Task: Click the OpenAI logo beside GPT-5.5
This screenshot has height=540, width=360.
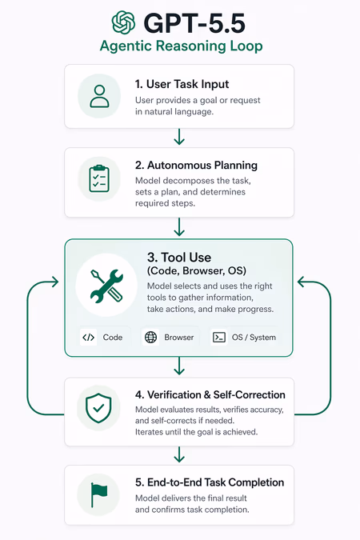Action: [123, 22]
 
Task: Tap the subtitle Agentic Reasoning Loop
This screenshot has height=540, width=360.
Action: [182, 46]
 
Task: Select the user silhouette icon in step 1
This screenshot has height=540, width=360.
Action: [99, 96]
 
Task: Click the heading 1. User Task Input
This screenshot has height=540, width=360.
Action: [182, 84]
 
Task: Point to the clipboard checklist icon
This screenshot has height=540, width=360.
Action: [99, 178]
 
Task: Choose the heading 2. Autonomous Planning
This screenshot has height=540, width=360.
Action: [196, 166]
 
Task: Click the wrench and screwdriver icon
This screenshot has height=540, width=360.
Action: [106, 286]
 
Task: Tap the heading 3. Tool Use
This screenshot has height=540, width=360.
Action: [179, 258]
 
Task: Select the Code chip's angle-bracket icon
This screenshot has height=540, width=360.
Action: [89, 337]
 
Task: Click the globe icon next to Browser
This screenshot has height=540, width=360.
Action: [150, 337]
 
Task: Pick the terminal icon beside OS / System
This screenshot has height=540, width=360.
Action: [219, 337]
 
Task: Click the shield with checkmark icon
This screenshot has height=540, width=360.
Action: [98, 408]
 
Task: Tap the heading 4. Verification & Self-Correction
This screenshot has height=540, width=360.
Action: [210, 394]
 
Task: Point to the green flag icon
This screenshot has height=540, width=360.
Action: [99, 495]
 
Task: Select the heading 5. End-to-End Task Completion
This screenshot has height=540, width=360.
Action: [210, 482]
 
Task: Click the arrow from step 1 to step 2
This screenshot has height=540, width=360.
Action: [179, 137]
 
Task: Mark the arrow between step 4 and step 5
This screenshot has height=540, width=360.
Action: [179, 454]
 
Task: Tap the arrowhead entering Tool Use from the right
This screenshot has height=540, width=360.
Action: [302, 282]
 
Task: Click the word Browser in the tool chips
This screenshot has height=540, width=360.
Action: [178, 337]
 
